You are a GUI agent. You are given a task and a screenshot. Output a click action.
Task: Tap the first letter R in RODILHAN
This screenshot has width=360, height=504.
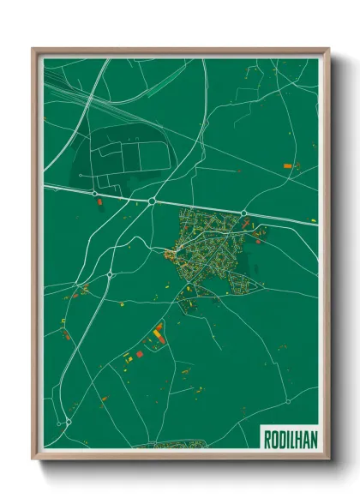click(265, 435)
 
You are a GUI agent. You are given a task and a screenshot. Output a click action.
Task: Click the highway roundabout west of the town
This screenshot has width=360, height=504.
click(152, 201)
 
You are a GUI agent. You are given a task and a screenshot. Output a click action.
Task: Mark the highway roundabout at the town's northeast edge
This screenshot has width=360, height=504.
click(243, 212)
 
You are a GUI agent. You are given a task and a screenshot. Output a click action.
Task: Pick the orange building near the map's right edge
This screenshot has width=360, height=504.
click(286, 164)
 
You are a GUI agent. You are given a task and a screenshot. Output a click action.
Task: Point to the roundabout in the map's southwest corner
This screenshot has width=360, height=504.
click(68, 422)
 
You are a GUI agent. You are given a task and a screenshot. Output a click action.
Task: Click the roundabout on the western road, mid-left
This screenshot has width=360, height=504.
click(111, 275)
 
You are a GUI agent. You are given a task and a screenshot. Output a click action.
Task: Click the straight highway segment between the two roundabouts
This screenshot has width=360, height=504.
click(197, 207)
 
